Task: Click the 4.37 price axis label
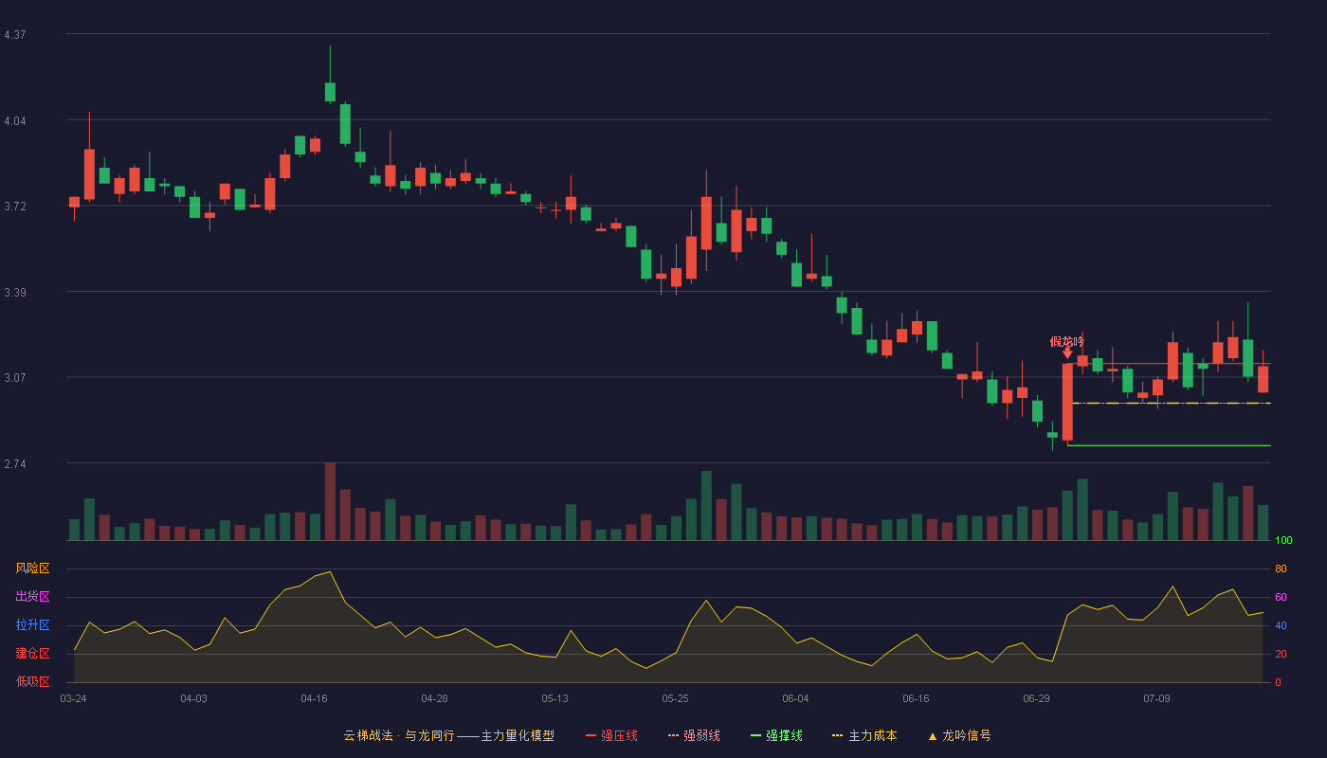tap(15, 35)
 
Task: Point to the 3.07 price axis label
tap(15, 378)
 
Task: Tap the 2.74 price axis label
tap(15, 464)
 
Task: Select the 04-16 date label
tap(314, 699)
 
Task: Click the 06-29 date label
tap(1036, 699)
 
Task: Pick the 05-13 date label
tap(554, 699)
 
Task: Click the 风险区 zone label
tap(32, 568)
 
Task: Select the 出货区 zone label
tap(32, 596)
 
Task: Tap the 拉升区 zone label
tap(32, 624)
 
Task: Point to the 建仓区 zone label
tap(32, 653)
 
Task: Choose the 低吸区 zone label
tap(32, 681)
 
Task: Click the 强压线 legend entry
tap(611, 736)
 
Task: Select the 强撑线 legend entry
tap(776, 736)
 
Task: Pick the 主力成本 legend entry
tap(864, 736)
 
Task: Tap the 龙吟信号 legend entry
tap(959, 736)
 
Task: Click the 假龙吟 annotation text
tap(1067, 342)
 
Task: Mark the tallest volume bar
tap(330, 501)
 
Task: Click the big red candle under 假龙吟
tap(1067, 402)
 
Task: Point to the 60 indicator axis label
tap(1281, 597)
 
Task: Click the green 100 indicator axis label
tap(1283, 540)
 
